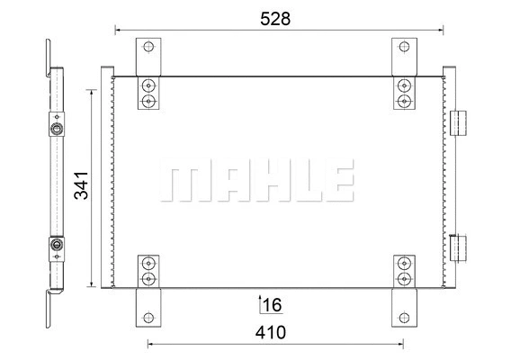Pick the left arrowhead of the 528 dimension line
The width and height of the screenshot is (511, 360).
coord(118,30)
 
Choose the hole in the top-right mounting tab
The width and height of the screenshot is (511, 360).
coord(404,48)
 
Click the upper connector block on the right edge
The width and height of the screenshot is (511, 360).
coord(459,122)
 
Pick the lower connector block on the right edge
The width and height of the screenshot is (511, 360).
coord(459,245)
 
